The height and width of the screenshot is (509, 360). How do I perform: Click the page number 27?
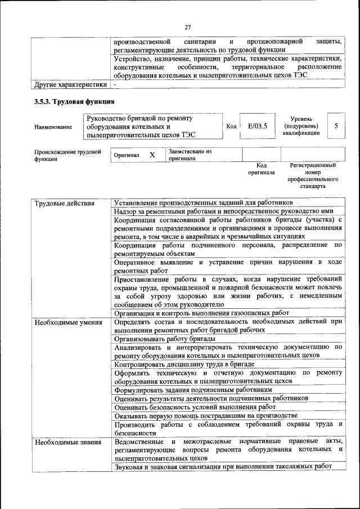point(188,27)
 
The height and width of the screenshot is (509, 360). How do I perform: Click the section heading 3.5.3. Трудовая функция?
point(74,102)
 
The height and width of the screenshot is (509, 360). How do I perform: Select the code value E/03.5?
point(257,126)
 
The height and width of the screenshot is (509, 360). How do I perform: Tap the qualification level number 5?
point(336,126)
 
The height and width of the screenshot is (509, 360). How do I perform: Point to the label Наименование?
point(53,127)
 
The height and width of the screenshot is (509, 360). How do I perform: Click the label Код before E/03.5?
point(231,126)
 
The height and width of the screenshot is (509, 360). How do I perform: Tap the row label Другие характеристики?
point(70,85)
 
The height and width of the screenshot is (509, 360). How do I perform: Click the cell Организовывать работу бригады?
point(165,339)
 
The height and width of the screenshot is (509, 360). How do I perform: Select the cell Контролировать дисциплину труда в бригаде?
point(184,364)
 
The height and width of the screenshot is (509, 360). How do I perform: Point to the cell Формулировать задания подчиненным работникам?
point(193,389)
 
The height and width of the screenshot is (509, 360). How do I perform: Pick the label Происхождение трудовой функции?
point(67,155)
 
